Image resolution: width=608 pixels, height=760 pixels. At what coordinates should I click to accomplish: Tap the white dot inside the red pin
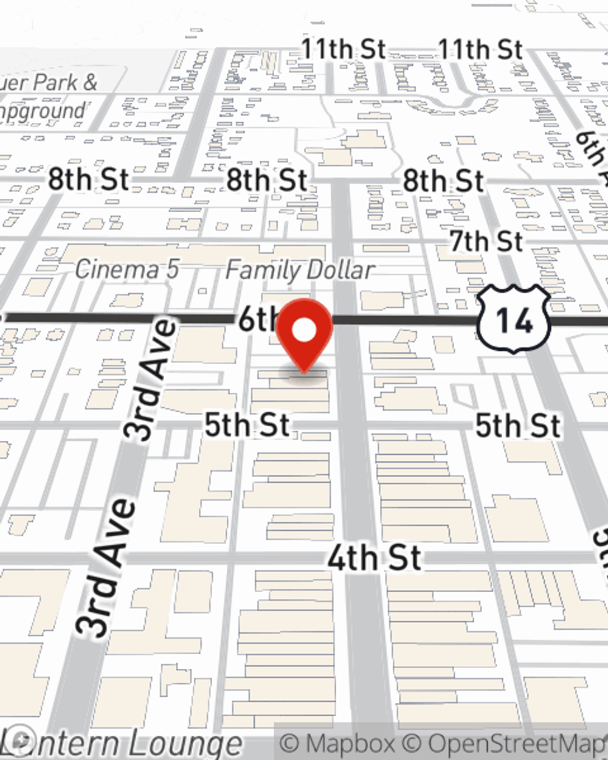coord(304,331)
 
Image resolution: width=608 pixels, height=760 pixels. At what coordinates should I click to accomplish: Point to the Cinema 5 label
coord(127,269)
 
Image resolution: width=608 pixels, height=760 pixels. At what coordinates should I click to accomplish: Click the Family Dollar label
coord(300,270)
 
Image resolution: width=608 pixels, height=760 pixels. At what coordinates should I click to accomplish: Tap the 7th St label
coord(486,241)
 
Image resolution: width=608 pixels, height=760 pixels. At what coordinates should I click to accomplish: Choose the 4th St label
coord(374,558)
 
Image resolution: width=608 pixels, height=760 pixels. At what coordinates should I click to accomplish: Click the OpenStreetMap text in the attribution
coord(517,744)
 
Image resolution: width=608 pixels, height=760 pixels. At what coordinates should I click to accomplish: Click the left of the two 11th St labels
coord(343,49)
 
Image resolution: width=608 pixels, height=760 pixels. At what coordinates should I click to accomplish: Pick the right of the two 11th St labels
coord(480,49)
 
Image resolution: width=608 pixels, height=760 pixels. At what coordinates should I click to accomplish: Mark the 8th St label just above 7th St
coord(443,181)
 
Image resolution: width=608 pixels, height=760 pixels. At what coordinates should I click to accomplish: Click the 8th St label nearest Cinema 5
coord(88,179)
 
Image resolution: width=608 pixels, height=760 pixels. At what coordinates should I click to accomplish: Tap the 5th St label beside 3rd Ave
coord(246,424)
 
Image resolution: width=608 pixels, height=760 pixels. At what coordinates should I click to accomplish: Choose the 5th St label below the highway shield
coord(517,425)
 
